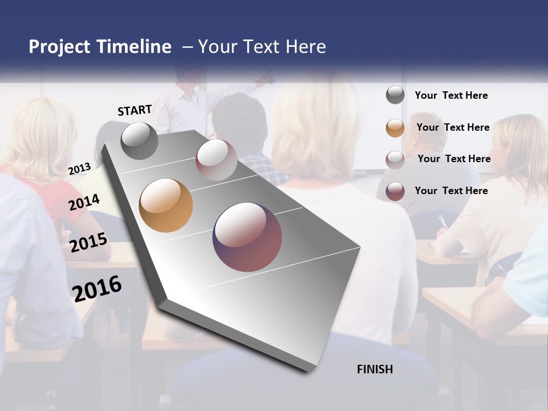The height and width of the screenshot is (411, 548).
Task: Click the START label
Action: click(135, 110)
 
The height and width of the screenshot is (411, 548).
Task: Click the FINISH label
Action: click(374, 369)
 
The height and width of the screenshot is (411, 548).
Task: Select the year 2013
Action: click(79, 169)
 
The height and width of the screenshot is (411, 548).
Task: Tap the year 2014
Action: click(84, 202)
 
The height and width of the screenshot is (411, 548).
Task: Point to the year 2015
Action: click(88, 243)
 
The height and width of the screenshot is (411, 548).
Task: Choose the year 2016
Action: click(97, 288)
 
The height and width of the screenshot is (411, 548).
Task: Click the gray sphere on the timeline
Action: click(139, 141)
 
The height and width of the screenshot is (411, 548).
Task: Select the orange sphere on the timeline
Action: click(166, 205)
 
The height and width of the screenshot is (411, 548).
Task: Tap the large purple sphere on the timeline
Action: click(247, 237)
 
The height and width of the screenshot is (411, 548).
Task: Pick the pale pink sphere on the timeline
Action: click(216, 160)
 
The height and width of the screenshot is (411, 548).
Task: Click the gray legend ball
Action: click(395, 95)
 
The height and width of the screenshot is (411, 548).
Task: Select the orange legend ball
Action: click(395, 127)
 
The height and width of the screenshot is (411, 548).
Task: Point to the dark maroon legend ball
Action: click(395, 191)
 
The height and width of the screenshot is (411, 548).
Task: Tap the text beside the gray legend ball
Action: click(451, 95)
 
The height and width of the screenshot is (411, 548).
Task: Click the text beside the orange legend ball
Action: click(453, 127)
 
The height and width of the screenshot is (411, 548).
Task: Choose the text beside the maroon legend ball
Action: click(451, 191)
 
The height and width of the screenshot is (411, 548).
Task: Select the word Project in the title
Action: click(59, 47)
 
